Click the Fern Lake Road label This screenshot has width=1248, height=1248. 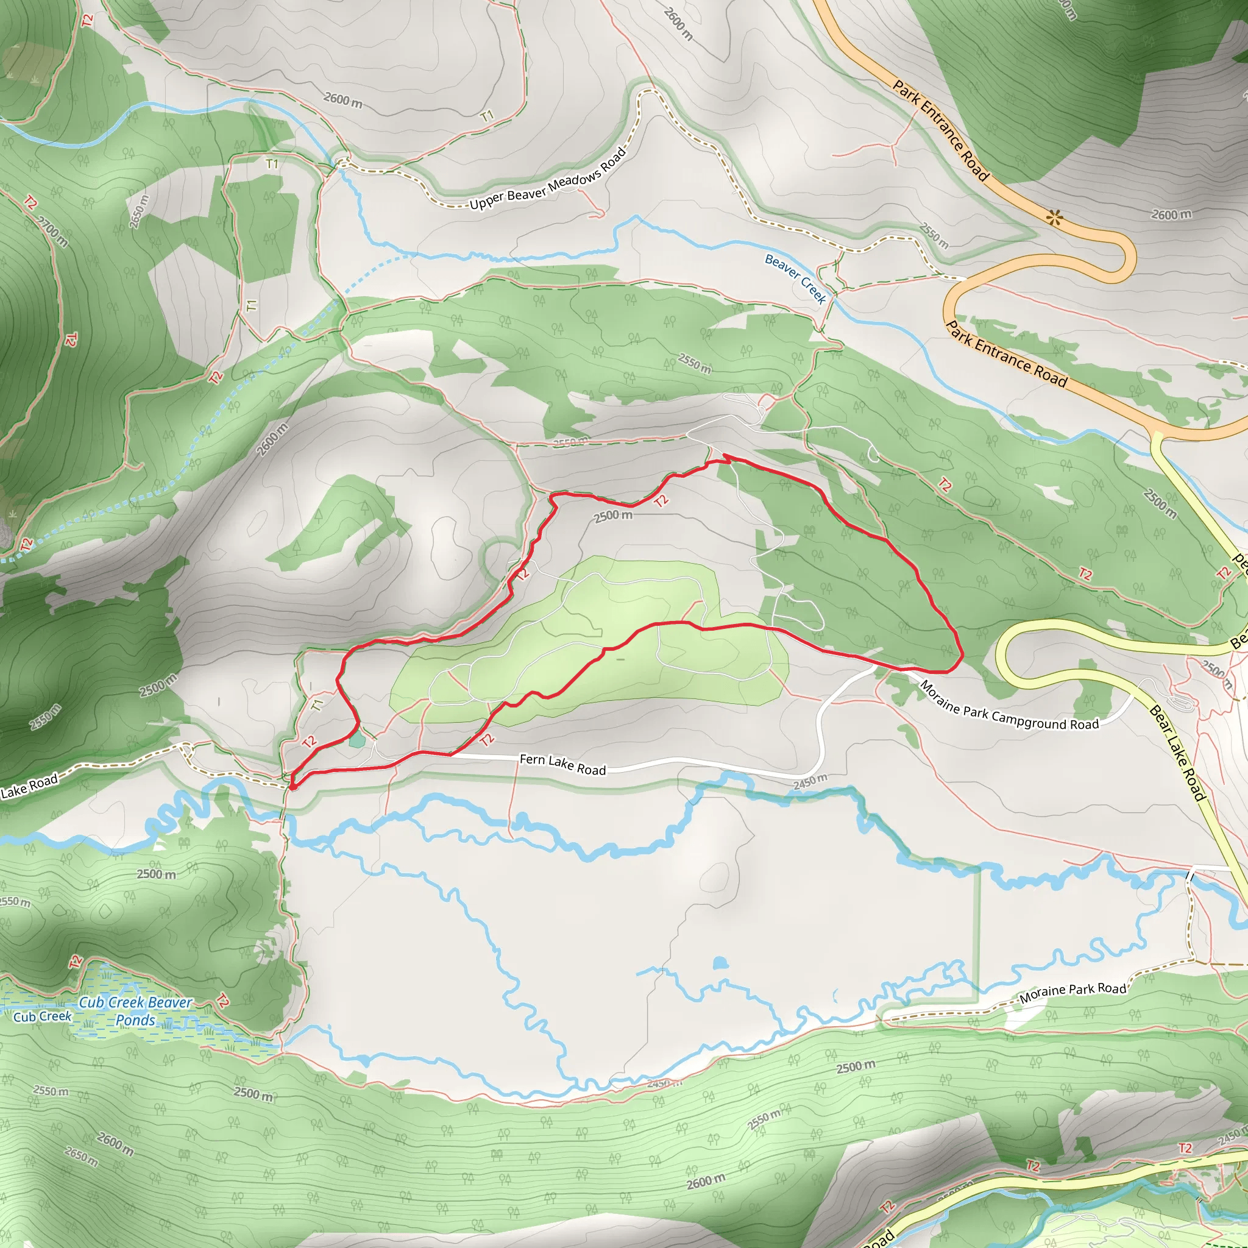click(562, 765)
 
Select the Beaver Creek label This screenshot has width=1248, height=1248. click(795, 278)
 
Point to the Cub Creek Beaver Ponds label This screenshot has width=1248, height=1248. click(136, 1011)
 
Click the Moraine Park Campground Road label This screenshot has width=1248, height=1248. click(1009, 707)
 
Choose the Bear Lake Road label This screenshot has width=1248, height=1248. click(1177, 753)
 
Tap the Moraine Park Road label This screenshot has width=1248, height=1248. click(1072, 993)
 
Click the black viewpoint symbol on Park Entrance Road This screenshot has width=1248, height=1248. click(1055, 217)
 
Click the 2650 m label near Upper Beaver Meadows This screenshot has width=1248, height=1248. click(139, 211)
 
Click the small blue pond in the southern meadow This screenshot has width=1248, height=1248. click(720, 964)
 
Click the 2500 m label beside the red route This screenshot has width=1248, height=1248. click(613, 516)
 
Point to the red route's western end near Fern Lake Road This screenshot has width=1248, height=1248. click(292, 786)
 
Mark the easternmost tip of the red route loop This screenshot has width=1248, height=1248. click(962, 656)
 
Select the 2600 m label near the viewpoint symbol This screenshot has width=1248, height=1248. click(1171, 214)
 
